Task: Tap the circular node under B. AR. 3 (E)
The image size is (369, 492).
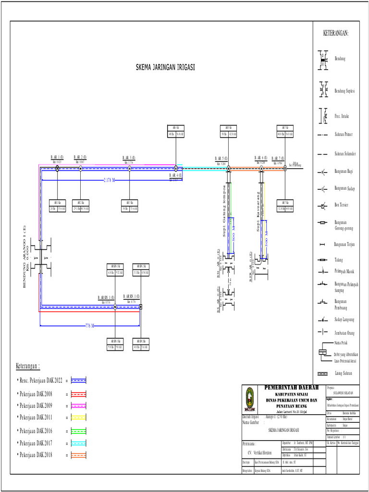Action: click(x=129, y=168)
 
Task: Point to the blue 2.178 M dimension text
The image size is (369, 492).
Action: click(x=109, y=180)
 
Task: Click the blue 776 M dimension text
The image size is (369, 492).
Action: click(x=89, y=326)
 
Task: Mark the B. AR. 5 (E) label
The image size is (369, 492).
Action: click(x=221, y=158)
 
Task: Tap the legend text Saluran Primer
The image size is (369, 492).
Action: click(x=343, y=135)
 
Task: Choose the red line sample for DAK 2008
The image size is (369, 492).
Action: click(x=78, y=394)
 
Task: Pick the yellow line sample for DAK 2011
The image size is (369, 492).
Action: click(x=78, y=417)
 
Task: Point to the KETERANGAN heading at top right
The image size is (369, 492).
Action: click(x=335, y=33)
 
